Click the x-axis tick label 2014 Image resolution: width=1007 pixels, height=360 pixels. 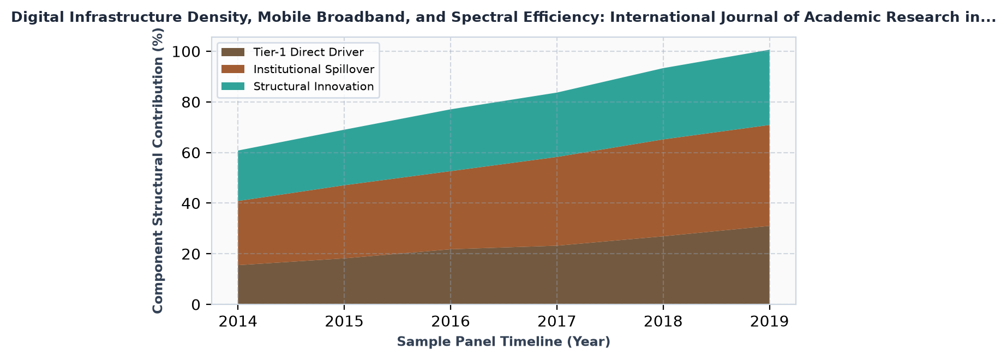click(237, 322)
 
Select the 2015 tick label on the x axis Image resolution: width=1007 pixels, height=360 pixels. click(344, 322)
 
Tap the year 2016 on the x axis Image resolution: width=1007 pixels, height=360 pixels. click(450, 322)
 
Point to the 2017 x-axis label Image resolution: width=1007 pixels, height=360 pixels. click(556, 322)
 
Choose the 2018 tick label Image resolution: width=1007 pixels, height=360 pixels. click(663, 322)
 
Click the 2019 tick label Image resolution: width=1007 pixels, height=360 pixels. click(769, 322)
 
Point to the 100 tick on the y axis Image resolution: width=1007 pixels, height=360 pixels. click(187, 52)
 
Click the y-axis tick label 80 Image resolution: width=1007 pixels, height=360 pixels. click(192, 103)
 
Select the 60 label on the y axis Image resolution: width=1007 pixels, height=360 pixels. click(192, 153)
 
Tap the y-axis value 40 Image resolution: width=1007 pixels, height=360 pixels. click(192, 203)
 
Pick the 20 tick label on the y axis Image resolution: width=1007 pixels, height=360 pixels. click(192, 254)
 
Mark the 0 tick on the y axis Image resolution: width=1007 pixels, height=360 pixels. click(197, 304)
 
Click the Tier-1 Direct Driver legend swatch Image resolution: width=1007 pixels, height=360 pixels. click(233, 52)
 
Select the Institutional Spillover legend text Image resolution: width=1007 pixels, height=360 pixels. click(314, 69)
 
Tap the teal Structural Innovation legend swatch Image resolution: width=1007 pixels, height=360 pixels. click(233, 87)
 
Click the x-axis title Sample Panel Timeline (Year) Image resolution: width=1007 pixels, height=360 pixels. click(503, 342)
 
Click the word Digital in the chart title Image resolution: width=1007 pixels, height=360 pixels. click(32, 17)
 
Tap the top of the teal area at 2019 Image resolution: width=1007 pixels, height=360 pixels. click(769, 50)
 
